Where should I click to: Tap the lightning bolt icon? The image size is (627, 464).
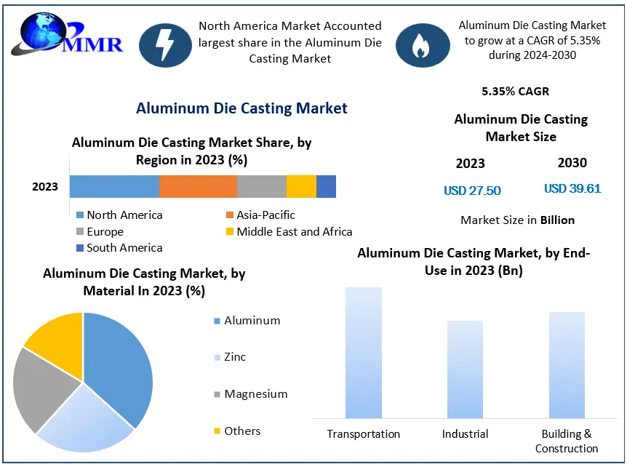pyautogui.click(x=165, y=45)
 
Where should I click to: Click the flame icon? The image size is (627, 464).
pyautogui.click(x=422, y=45)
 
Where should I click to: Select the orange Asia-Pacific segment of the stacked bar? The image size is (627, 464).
pyautogui.click(x=198, y=186)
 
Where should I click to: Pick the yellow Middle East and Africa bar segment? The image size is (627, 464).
pyautogui.click(x=301, y=186)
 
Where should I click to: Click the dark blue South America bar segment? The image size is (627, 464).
pyautogui.click(x=326, y=186)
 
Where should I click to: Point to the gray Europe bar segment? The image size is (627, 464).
pyautogui.click(x=262, y=186)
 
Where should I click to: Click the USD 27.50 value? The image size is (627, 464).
pyautogui.click(x=472, y=191)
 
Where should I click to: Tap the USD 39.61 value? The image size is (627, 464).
pyautogui.click(x=572, y=189)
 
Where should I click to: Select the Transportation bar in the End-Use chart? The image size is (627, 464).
pyautogui.click(x=364, y=353)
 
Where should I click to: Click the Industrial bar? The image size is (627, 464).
pyautogui.click(x=465, y=369)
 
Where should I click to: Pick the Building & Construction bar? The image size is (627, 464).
pyautogui.click(x=567, y=365)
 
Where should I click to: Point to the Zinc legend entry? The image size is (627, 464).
pyautogui.click(x=234, y=357)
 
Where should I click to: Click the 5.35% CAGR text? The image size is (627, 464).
pyautogui.click(x=515, y=92)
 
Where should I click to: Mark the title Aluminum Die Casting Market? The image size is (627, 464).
pyautogui.click(x=241, y=108)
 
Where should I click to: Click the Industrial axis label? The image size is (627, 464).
pyautogui.click(x=465, y=434)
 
